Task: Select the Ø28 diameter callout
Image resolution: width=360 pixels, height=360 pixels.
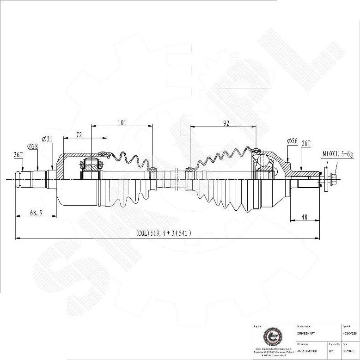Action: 32,146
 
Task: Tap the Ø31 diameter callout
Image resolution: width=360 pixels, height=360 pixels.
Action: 47,139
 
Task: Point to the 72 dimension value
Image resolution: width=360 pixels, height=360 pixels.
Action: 79,134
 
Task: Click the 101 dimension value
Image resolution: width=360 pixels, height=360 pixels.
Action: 122,122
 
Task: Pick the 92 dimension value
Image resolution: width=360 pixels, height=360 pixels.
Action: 226,123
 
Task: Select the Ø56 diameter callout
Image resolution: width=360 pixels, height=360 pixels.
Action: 292,140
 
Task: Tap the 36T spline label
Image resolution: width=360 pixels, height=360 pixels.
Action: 305,144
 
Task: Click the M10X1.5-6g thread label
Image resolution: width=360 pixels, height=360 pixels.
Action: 337,154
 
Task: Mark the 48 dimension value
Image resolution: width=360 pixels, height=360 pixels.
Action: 305,217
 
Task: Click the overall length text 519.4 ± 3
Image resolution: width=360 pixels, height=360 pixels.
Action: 164,234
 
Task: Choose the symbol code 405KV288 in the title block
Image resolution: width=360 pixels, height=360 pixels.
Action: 349,333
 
